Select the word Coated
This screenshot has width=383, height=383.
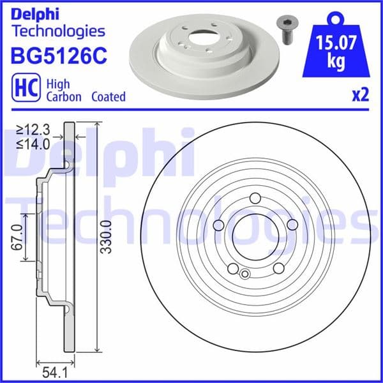[x=108, y=97]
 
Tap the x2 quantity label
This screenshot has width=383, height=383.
[x=360, y=96]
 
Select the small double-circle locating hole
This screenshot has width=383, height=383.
[x=244, y=274]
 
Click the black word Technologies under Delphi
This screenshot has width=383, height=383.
[x=58, y=30]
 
